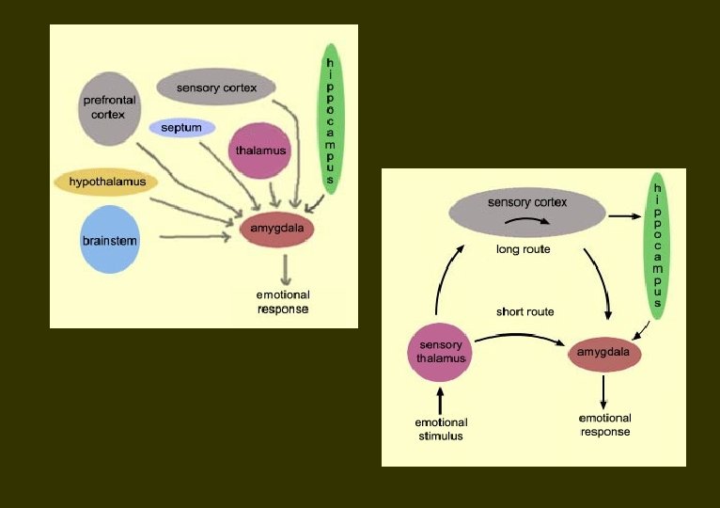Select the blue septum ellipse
pos(181,127)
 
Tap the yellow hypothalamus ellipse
pos(105,181)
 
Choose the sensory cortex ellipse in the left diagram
pos(215,87)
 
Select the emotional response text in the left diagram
pos(283,302)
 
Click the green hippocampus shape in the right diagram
pos(658,245)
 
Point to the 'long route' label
pos(523,249)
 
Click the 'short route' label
pos(524,311)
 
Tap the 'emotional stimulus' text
pos(439,427)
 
